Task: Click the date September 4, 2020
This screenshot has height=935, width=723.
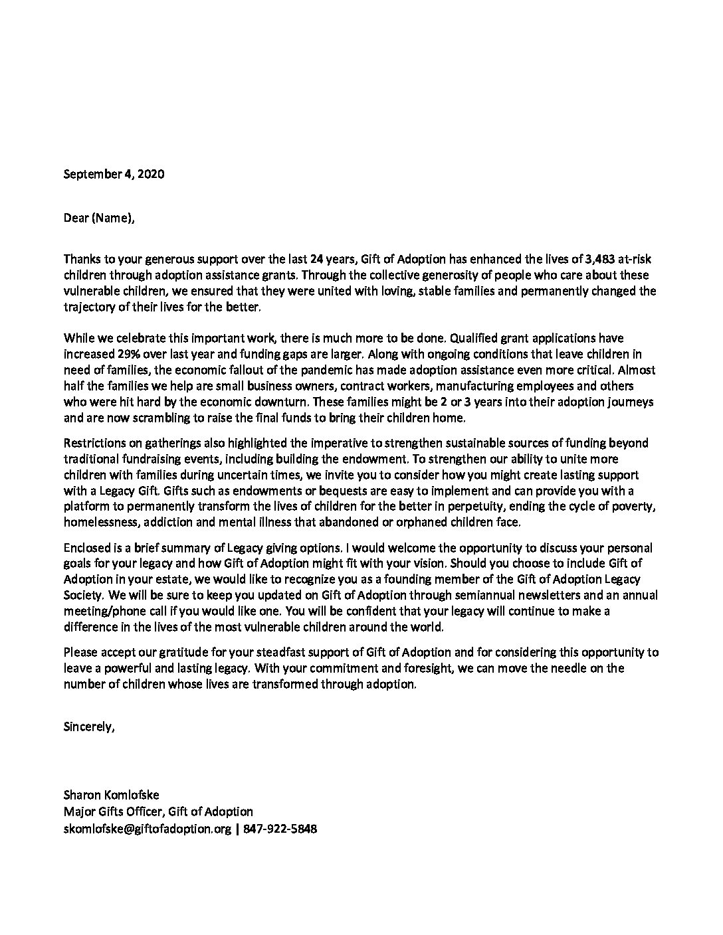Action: click(x=114, y=175)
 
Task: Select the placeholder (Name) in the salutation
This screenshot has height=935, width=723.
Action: click(x=111, y=217)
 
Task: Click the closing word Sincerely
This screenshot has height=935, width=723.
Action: click(x=89, y=726)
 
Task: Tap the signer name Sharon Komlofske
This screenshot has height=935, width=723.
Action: click(x=112, y=795)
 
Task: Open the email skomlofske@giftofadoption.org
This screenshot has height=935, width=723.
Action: click(x=148, y=829)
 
